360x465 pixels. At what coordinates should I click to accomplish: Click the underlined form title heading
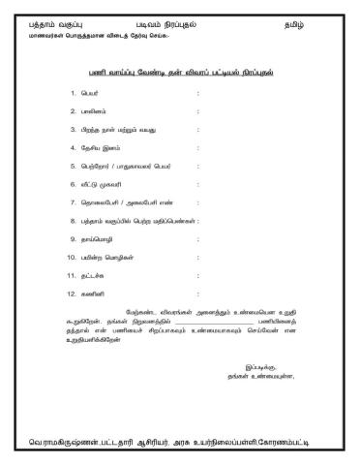tap(179, 72)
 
